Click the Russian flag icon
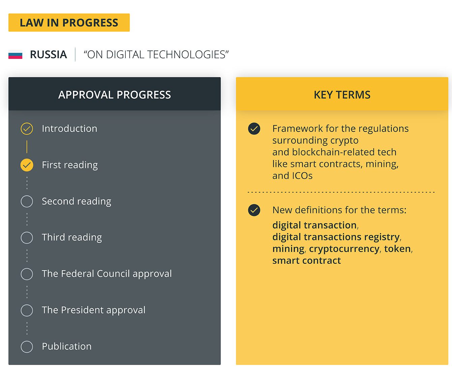coord(15,55)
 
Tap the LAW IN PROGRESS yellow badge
coord(69,23)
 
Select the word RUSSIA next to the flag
coord(48,55)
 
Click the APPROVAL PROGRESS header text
coord(115,95)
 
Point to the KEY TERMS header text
coord(342,95)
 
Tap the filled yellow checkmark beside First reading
coord(27,165)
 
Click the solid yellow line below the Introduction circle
coord(27,147)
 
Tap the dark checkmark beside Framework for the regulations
coord(254,129)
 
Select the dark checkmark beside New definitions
coord(254,210)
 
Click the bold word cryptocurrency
coord(344,249)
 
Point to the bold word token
coord(397,249)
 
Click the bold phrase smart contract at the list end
coord(306,261)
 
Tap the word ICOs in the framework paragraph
coord(302,176)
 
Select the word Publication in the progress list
coord(67,346)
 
